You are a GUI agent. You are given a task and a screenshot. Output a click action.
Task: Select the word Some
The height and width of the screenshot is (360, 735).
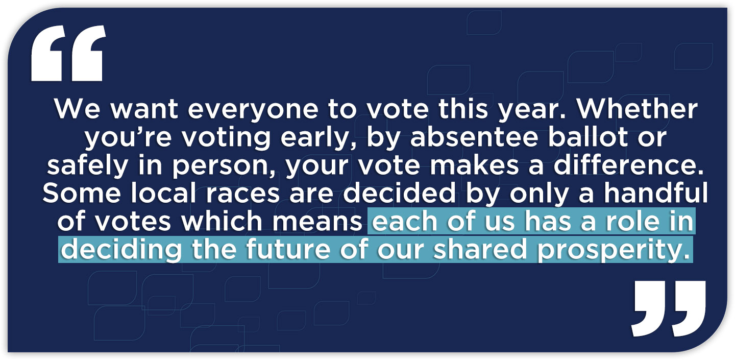pos(82,193)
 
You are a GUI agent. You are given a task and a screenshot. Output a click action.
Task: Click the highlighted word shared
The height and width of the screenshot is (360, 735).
pos(480,249)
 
